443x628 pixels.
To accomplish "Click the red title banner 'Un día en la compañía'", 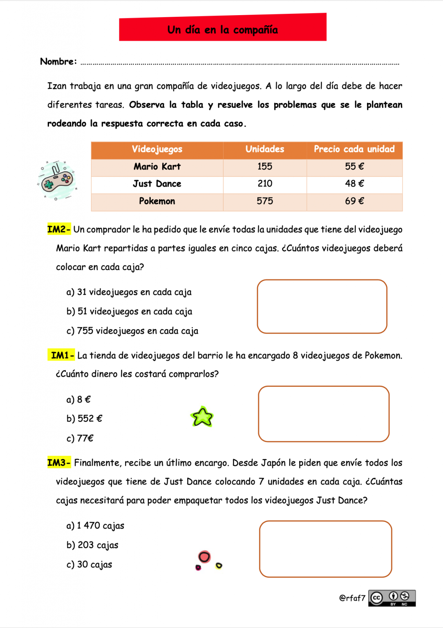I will [x=223, y=27].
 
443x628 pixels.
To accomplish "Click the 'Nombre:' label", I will [x=58, y=62].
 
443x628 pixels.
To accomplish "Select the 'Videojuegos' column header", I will [x=157, y=150].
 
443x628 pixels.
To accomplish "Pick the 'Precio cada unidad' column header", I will [x=354, y=150].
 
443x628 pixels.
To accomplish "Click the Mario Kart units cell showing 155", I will [x=265, y=167].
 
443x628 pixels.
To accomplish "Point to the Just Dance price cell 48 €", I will [x=354, y=184].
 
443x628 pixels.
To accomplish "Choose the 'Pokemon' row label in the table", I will [x=157, y=202].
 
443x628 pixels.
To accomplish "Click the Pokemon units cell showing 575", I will [x=265, y=202].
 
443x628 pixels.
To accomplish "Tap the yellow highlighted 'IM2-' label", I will [x=59, y=229].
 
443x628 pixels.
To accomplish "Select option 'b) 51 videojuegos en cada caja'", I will [x=129, y=312].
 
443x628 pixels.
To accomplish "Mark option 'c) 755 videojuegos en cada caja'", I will [x=132, y=331].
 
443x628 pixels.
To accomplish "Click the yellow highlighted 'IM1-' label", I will [x=62, y=355].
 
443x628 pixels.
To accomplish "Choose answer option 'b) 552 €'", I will [x=84, y=419].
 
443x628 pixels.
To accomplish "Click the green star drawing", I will [x=202, y=417].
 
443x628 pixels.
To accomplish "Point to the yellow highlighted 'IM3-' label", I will [x=59, y=463].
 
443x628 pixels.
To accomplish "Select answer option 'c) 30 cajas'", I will [x=89, y=565].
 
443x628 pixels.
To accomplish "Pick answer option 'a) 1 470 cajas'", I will [x=95, y=526].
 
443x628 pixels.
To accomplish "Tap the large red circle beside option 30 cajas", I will [x=204, y=556].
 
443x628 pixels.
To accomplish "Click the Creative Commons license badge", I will [x=392, y=598].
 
